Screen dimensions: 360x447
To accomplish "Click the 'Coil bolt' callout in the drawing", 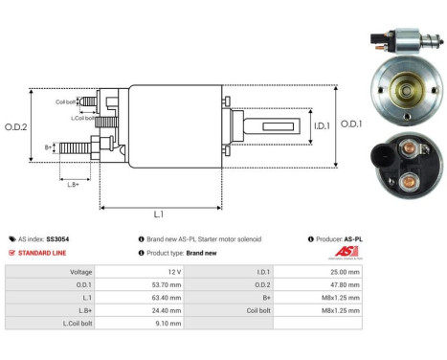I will [x=66, y=100].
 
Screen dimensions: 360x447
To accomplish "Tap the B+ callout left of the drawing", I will [x=50, y=146].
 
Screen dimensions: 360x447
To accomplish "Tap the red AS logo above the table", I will [x=346, y=252].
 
